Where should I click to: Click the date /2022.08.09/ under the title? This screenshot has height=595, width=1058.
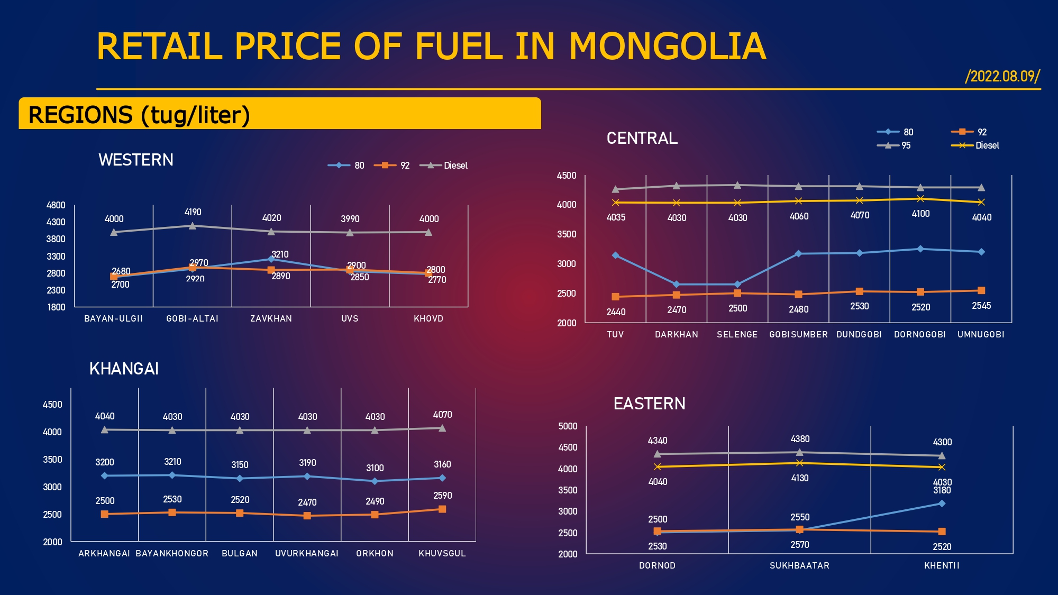tap(1002, 76)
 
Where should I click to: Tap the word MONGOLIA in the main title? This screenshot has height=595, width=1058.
tap(667, 47)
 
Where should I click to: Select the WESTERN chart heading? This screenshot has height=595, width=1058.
tap(136, 160)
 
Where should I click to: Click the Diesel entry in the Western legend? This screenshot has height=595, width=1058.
tap(455, 166)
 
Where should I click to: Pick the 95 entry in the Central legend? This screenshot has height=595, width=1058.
tap(906, 145)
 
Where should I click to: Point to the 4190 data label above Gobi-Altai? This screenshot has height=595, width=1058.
tap(193, 212)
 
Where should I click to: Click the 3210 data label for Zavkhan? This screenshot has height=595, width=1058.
tap(280, 254)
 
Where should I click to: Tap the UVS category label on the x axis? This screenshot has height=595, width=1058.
tap(350, 318)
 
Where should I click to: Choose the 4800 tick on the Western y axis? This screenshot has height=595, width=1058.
tap(56, 205)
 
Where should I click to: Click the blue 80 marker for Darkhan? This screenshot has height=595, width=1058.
tap(676, 285)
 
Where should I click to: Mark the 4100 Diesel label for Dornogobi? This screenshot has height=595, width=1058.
tap(920, 214)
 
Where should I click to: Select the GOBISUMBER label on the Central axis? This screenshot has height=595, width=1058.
tap(798, 334)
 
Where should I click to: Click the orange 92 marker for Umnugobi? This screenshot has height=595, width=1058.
tap(981, 290)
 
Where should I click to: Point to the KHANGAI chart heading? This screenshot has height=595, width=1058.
tap(124, 369)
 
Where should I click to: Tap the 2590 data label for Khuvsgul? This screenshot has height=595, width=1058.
tap(442, 496)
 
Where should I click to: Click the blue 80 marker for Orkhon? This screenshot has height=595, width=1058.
tap(375, 481)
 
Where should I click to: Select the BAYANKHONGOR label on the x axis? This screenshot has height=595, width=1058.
tap(172, 553)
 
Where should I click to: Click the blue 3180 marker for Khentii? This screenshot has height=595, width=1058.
tap(942, 504)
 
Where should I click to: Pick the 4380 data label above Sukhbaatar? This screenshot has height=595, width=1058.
tap(800, 439)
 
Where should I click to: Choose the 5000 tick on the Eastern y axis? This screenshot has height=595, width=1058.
tap(568, 426)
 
